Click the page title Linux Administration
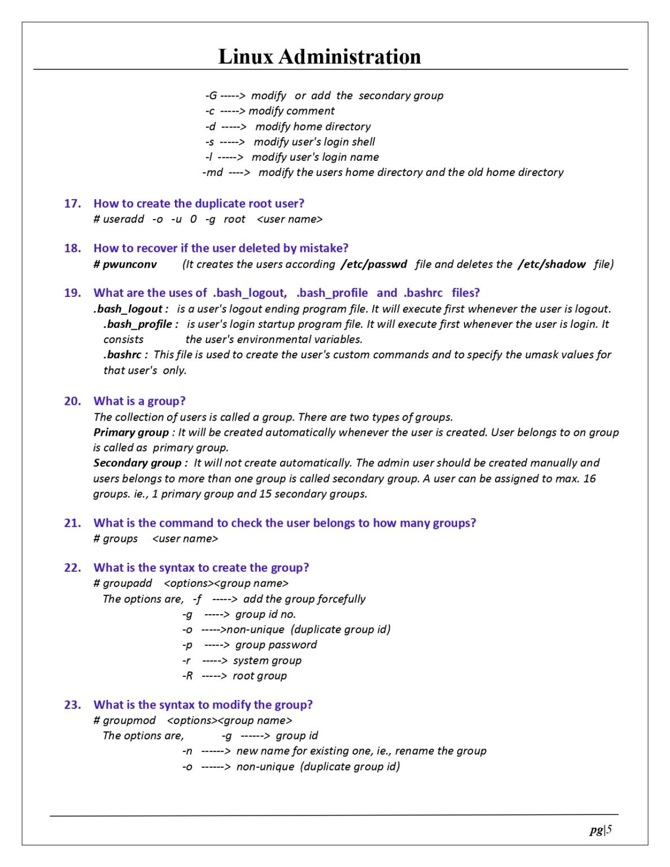point(319,56)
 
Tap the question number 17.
point(72,203)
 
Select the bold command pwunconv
point(129,264)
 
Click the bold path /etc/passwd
point(374,264)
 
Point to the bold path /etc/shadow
point(551,264)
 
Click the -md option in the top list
point(213,172)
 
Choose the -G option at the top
point(211,95)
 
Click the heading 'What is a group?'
point(139,401)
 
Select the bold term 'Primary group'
point(131,432)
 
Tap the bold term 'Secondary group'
point(138,463)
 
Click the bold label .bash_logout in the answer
point(129,309)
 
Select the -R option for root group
point(187,676)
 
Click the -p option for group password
point(187,645)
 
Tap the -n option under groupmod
point(187,751)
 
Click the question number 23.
point(72,704)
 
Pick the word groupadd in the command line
point(127,583)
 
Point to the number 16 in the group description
point(589,479)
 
